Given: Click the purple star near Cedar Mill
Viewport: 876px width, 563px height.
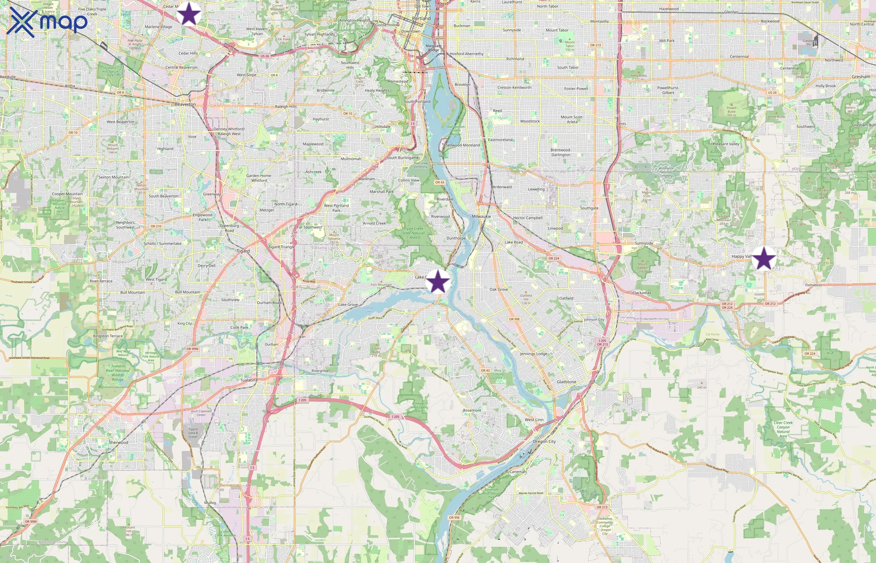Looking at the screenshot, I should (189, 13).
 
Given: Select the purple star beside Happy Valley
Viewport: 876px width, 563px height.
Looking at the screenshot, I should (764, 258).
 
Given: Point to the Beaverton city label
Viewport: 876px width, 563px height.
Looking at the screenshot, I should (185, 104).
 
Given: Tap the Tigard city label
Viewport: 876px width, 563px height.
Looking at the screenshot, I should (243, 251).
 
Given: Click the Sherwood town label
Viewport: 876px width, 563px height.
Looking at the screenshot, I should (119, 442).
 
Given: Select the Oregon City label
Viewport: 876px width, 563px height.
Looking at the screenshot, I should (544, 441).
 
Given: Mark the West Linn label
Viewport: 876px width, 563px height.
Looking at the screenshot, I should (534, 420).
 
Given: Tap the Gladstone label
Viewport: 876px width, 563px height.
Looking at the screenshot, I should (566, 382).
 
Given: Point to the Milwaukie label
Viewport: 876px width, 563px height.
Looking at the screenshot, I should (481, 216).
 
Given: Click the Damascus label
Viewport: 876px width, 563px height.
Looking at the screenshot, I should (813, 285).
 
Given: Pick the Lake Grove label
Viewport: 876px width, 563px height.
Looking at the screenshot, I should (348, 305).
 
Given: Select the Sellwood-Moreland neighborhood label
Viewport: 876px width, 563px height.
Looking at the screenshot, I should (462, 145).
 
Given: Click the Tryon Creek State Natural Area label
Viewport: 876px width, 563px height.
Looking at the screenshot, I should (413, 233).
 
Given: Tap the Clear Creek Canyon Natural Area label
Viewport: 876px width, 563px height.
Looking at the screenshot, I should (783, 429).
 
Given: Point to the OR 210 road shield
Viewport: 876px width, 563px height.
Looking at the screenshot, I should (156, 226).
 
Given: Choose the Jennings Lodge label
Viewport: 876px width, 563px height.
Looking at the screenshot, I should (533, 353).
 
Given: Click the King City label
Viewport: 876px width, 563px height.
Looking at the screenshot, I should (184, 323).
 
